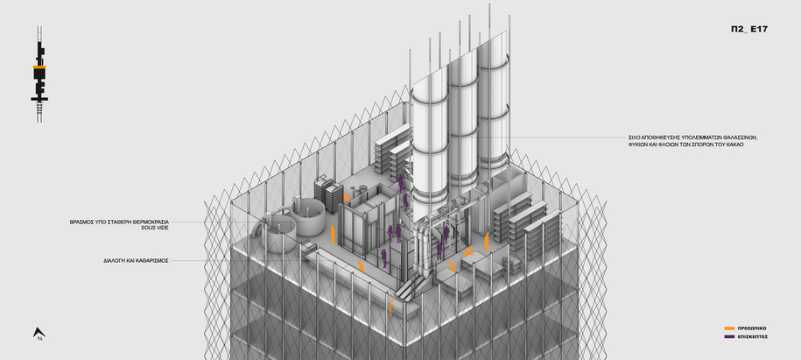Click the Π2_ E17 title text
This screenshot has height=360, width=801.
click(x=748, y=29)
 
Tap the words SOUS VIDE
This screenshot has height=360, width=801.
click(x=155, y=228)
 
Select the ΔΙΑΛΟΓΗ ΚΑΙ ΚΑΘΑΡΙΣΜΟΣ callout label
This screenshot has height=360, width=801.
click(x=136, y=261)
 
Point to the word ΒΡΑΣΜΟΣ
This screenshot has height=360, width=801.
click(x=81, y=222)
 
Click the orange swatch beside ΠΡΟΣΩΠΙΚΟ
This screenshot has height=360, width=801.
click(x=729, y=328)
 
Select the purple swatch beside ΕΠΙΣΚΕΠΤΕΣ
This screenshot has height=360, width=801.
click(x=729, y=336)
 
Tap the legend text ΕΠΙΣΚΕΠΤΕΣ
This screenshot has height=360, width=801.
click(x=753, y=336)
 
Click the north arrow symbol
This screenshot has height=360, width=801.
click(x=39, y=334)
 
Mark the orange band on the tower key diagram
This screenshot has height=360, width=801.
click(x=39, y=67)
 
